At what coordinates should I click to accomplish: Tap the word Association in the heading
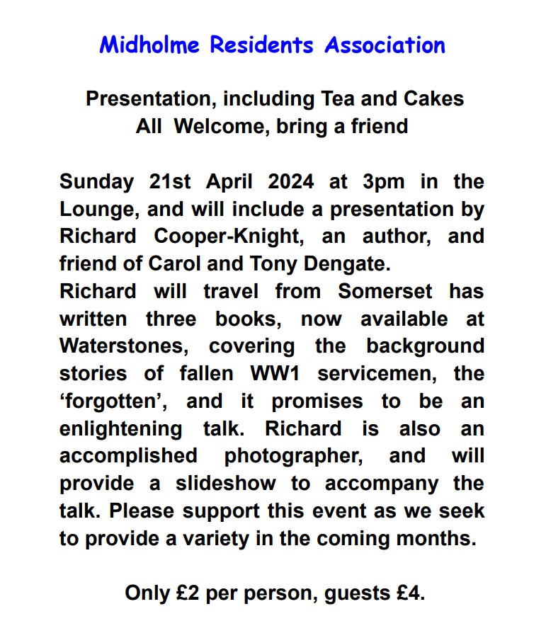click(385, 45)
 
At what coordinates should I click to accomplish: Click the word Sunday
click(96, 181)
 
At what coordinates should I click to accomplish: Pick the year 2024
click(291, 181)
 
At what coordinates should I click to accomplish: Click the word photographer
click(294, 455)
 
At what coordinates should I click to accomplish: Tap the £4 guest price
click(410, 592)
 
